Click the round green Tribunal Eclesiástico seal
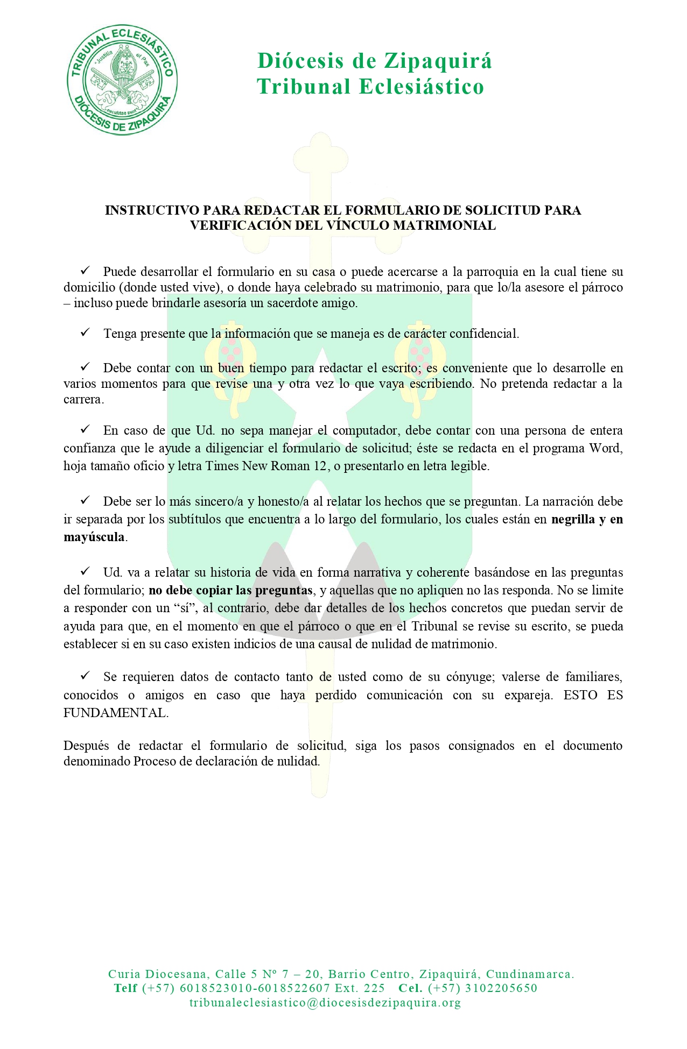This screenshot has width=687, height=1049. click(x=122, y=80)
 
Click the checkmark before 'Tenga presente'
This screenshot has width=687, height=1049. click(x=85, y=333)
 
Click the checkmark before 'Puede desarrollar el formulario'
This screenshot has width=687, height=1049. click(x=85, y=271)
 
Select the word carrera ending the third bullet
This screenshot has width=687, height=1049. click(x=82, y=400)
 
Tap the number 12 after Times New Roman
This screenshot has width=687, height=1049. click(x=320, y=466)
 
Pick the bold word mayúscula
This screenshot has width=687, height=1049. click(x=94, y=537)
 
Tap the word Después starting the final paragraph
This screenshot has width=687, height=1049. click(x=86, y=746)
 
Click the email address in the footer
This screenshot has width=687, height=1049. click(x=325, y=1003)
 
